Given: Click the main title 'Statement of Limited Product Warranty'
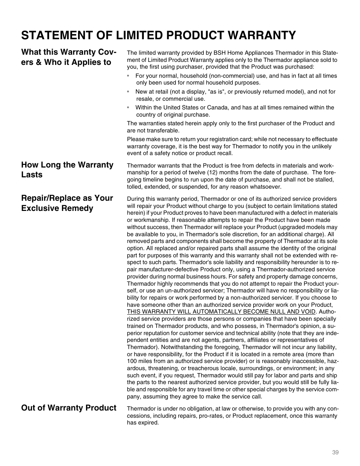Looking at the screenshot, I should [158, 35].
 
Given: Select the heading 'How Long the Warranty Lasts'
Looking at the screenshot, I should [67, 170].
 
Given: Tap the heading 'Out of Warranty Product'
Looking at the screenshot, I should [69, 408].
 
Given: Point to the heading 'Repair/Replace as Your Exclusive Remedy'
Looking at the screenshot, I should [67, 203].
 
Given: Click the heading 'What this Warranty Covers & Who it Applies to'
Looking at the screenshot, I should [68, 57].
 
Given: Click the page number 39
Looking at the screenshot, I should [335, 452].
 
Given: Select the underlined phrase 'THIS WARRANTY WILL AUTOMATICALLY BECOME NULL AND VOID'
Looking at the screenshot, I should [221, 312].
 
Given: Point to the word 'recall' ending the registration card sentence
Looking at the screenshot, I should [224, 153].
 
